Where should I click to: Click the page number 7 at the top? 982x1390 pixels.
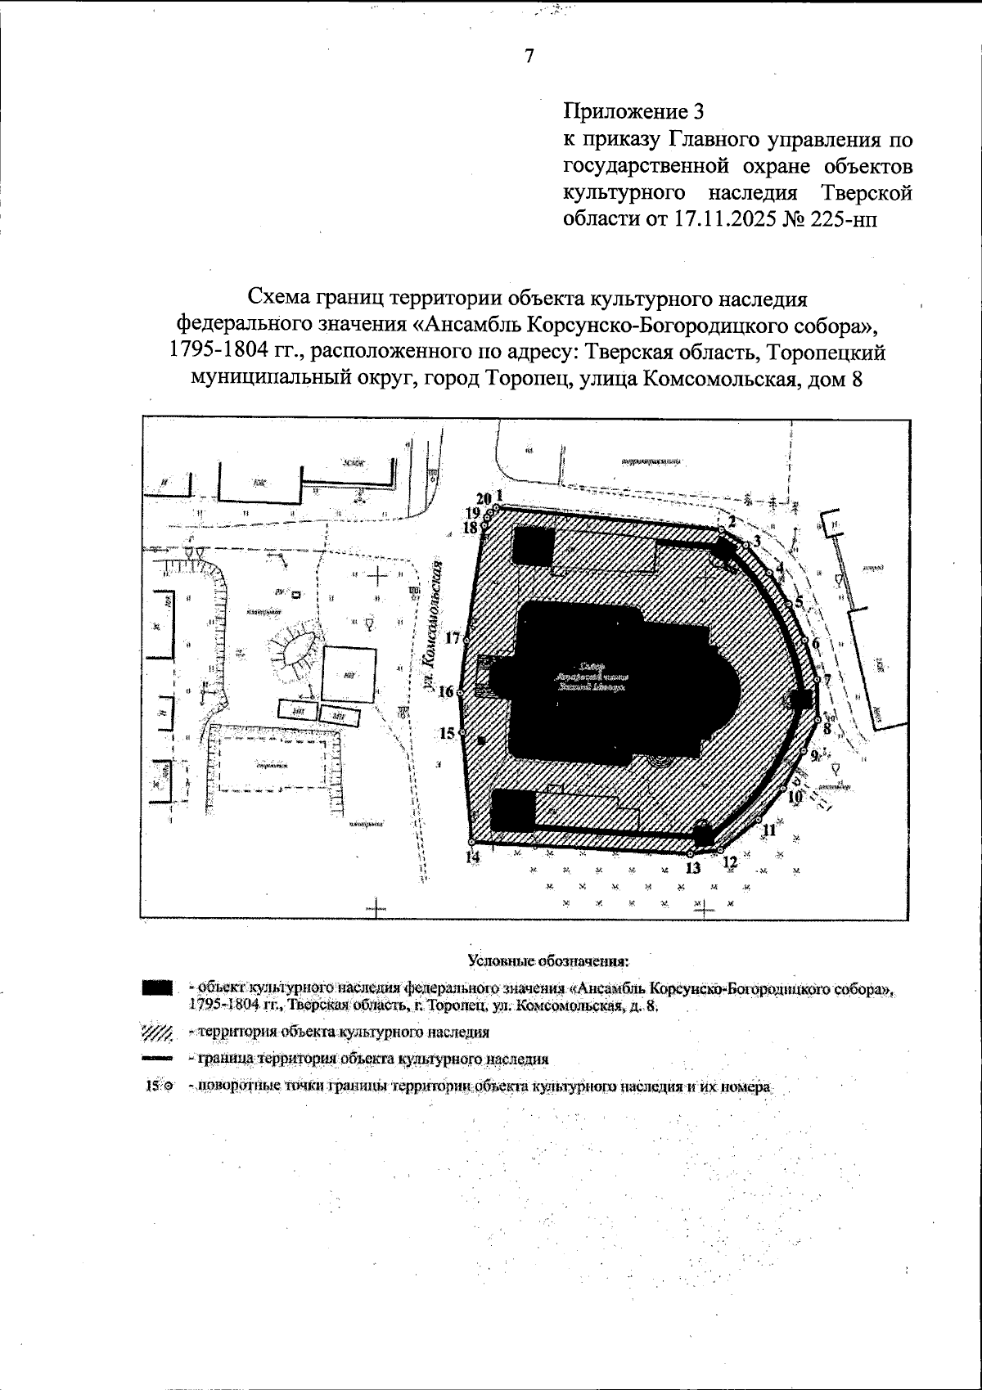529,56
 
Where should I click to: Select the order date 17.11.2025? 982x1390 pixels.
718,219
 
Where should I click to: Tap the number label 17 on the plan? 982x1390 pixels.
453,639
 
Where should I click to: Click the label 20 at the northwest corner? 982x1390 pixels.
483,498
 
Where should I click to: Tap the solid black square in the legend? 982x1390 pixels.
156,988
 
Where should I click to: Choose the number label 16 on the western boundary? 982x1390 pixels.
446,692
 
